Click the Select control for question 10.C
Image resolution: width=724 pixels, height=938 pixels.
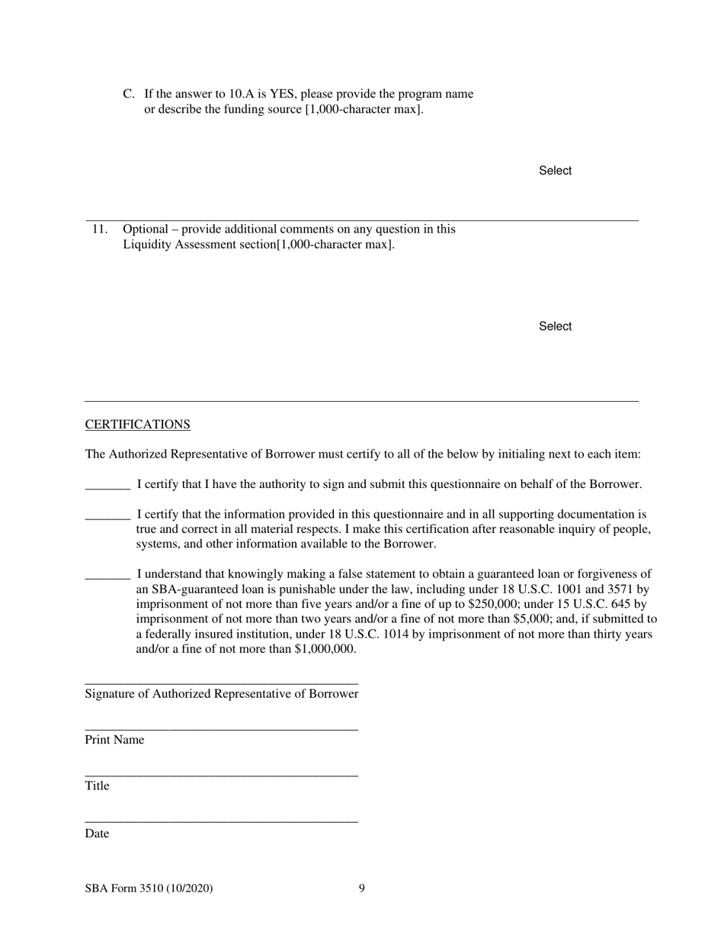555,171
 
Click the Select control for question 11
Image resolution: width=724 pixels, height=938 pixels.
555,326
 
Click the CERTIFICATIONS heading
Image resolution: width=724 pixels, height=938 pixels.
137,425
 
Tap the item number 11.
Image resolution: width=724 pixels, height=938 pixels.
100,229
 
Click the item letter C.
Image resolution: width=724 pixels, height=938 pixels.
128,94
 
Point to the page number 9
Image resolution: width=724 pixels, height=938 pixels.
361,888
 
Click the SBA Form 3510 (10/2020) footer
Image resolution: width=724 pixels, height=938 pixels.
149,888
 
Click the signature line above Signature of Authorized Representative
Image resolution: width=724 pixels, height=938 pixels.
221,683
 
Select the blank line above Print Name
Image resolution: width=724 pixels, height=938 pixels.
221,729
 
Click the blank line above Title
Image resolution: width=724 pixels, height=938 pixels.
221,775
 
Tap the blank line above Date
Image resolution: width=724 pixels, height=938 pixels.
221,821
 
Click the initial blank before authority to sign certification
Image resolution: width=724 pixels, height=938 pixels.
107,486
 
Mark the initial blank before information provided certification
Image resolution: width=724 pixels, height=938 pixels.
107,516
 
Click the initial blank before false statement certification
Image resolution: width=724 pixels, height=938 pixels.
107,576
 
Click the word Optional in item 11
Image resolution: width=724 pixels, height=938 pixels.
146,229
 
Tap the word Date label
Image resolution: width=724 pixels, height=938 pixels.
97,834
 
